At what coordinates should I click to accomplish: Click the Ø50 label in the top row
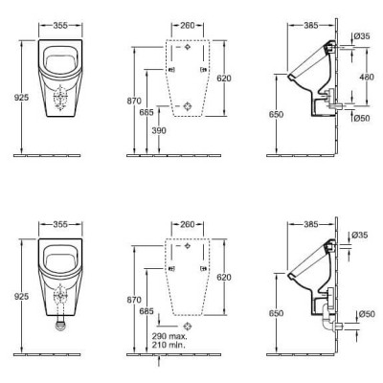point(360,119)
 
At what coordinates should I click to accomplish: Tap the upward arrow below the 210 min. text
point(158,362)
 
